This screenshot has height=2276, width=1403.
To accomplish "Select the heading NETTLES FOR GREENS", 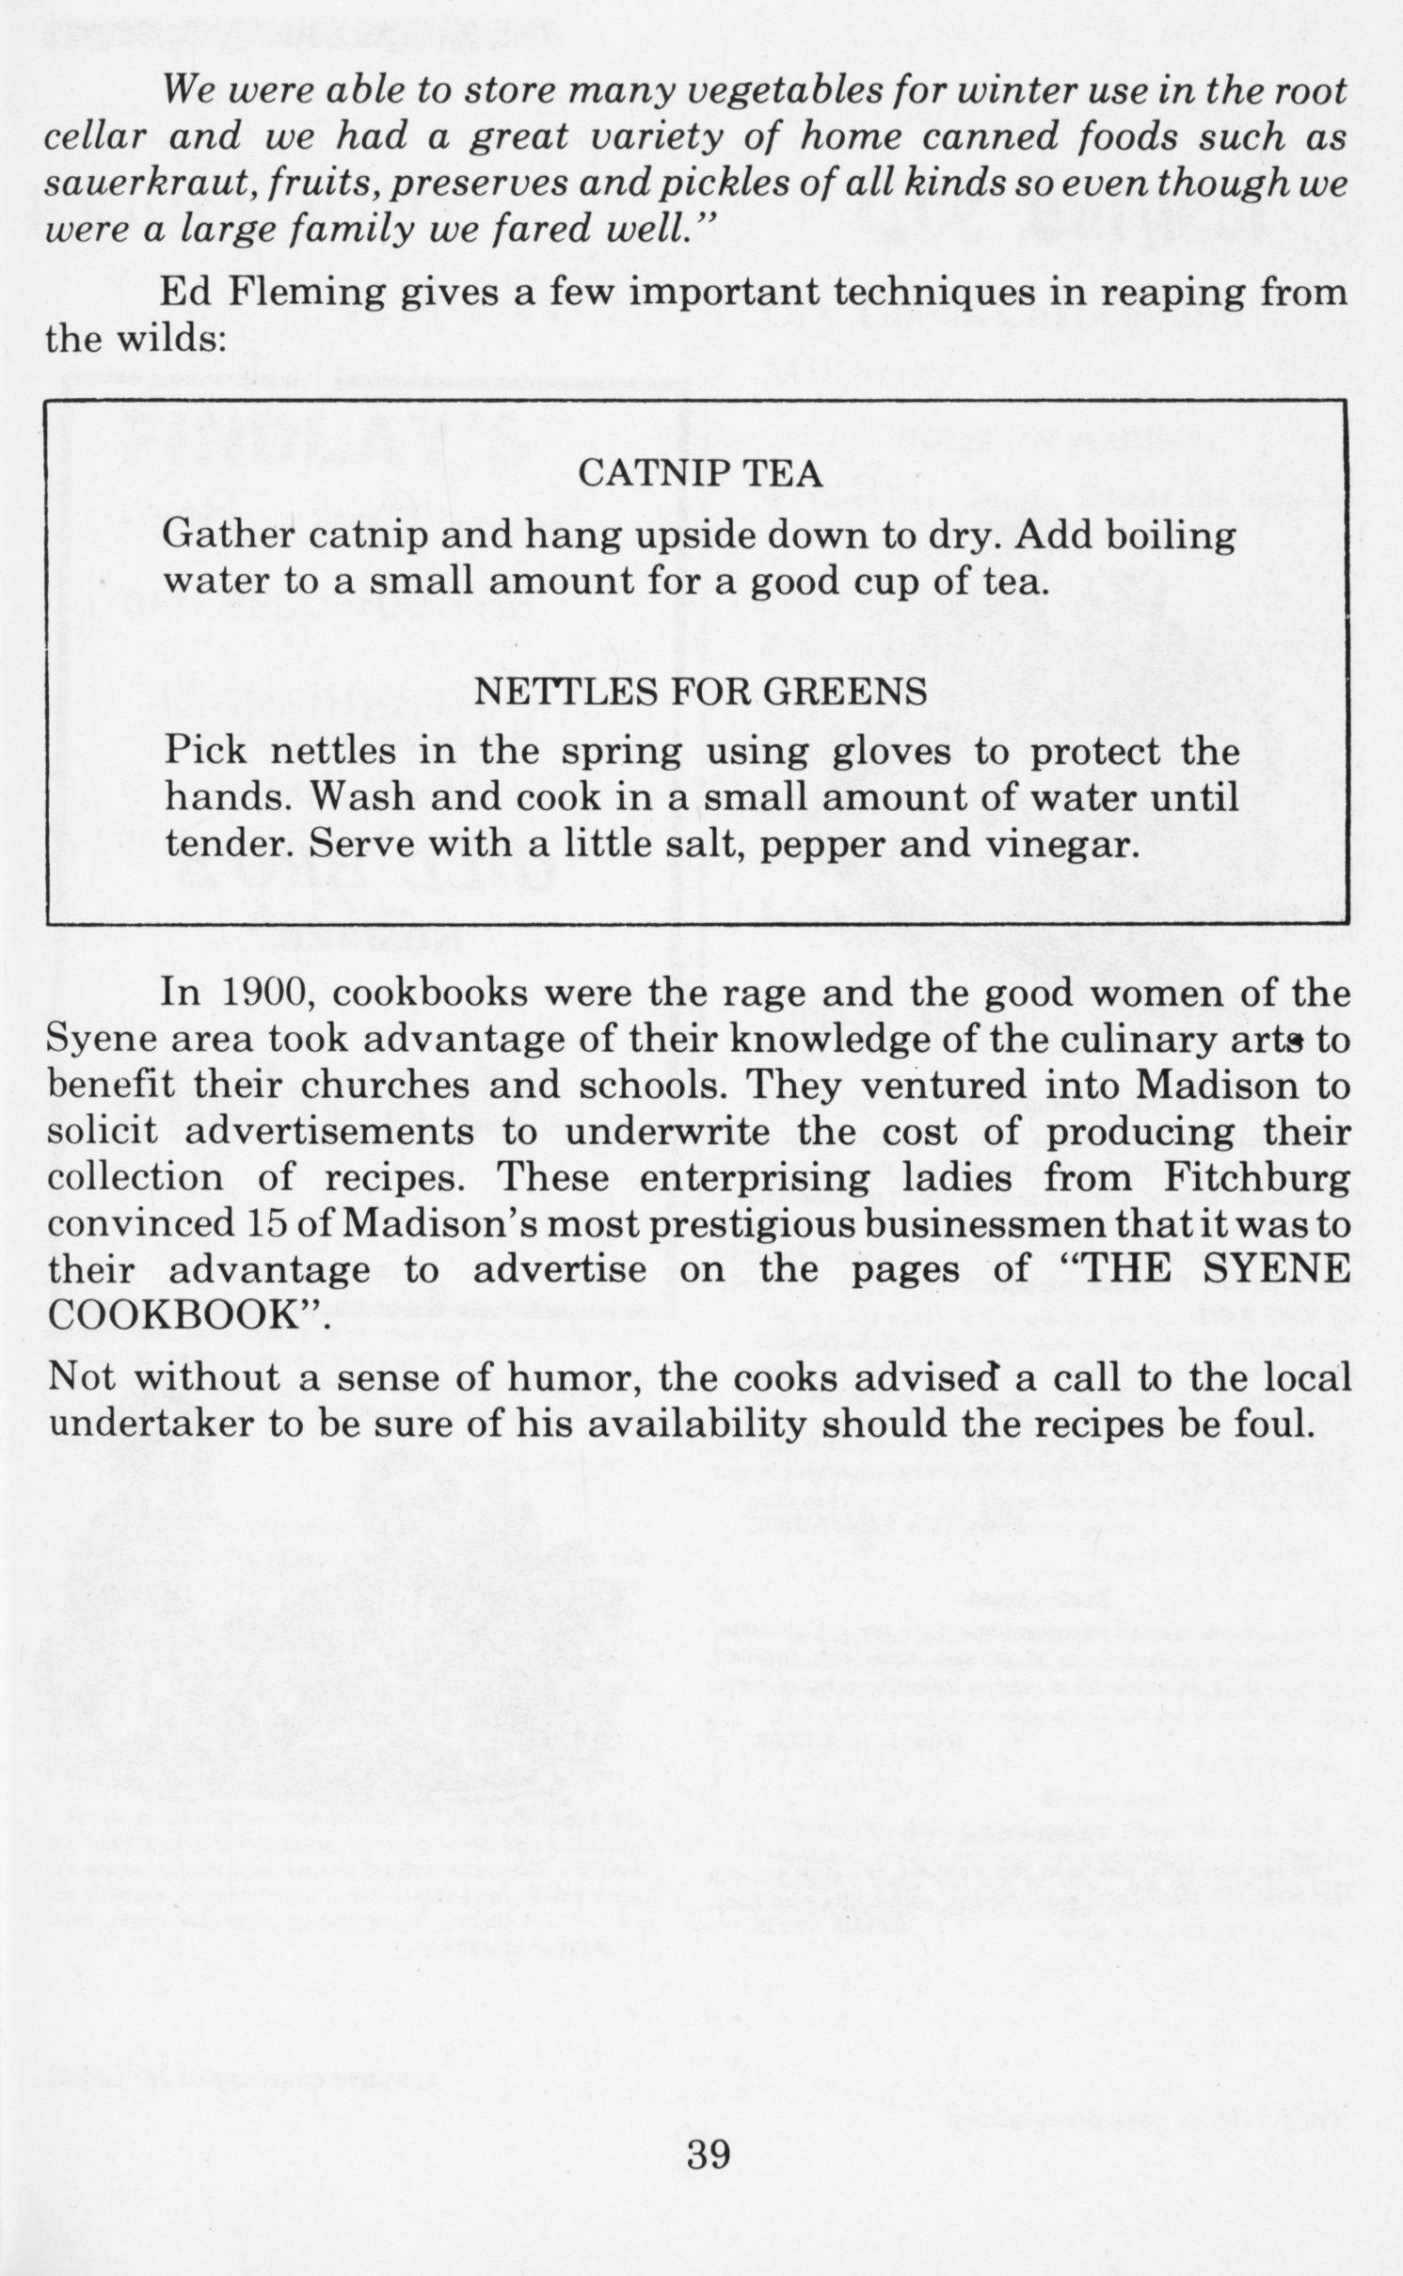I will tap(701, 693).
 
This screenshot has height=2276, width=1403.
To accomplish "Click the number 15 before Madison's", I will tap(263, 1224).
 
